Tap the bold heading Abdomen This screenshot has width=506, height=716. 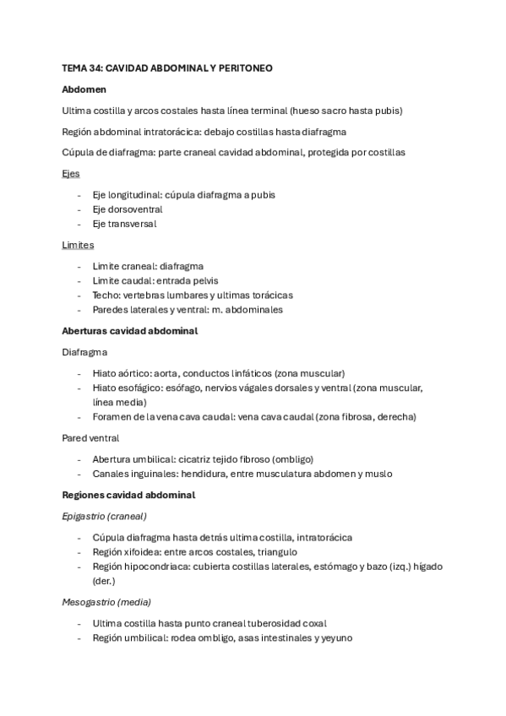point(84,89)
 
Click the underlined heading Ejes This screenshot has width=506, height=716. point(71,173)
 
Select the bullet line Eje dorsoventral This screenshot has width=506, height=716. point(128,209)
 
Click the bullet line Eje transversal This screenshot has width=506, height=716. point(124,224)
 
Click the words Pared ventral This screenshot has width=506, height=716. point(90,438)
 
